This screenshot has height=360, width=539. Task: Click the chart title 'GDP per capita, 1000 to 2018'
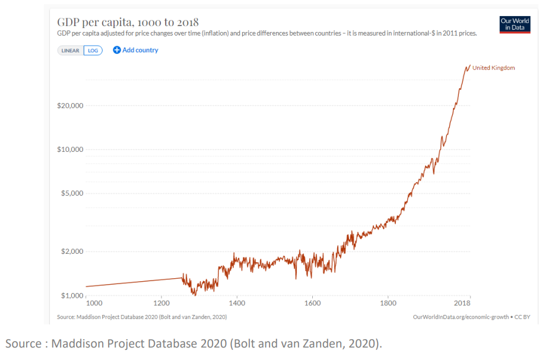(128, 23)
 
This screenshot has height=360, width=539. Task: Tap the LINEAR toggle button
(71, 50)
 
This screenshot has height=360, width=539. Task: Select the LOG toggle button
(94, 50)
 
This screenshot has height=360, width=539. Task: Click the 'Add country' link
(140, 50)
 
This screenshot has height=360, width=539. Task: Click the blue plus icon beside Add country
(117, 50)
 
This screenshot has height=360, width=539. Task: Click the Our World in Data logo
(515, 24)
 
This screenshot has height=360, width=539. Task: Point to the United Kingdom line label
(493, 68)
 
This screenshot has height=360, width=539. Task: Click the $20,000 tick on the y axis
(71, 106)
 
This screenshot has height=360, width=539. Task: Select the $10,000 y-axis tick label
(71, 149)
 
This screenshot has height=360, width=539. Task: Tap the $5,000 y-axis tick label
(73, 193)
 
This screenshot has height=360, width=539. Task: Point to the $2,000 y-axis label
(73, 251)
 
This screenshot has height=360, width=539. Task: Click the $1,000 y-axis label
(73, 295)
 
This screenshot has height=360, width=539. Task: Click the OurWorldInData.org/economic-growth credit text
(461, 317)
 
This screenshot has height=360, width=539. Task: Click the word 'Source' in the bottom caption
(21, 343)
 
